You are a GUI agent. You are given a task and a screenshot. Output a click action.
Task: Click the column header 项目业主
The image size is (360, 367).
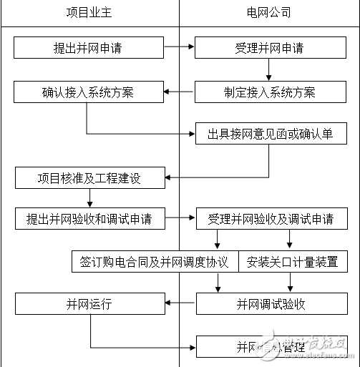click(x=89, y=14)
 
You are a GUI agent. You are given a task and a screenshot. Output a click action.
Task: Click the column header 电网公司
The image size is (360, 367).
click(x=268, y=14)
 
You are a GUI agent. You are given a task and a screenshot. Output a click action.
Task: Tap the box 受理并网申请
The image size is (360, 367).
click(x=268, y=48)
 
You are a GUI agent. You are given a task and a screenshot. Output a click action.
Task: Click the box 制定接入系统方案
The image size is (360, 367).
click(x=268, y=92)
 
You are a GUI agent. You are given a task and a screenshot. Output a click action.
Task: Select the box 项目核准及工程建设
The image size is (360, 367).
click(x=89, y=177)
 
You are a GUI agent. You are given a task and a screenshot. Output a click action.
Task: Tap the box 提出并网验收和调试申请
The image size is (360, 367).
click(x=89, y=218)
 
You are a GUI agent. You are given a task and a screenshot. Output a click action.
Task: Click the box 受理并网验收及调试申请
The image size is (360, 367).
click(x=270, y=218)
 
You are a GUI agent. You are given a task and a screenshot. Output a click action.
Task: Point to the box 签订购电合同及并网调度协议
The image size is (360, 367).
click(x=154, y=261)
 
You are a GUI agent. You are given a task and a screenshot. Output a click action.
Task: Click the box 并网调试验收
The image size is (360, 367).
click(x=270, y=303)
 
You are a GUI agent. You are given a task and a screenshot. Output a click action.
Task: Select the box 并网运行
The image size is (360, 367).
click(x=89, y=303)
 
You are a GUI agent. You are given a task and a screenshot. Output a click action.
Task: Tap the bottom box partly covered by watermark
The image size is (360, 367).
click(x=270, y=347)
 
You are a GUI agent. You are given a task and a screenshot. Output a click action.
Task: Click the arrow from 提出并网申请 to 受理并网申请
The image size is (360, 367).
click(x=179, y=48)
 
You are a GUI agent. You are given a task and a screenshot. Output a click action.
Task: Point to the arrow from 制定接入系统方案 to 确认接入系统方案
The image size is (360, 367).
click(x=179, y=92)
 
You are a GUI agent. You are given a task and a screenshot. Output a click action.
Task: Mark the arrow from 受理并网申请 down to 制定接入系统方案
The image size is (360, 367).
click(x=269, y=69)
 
